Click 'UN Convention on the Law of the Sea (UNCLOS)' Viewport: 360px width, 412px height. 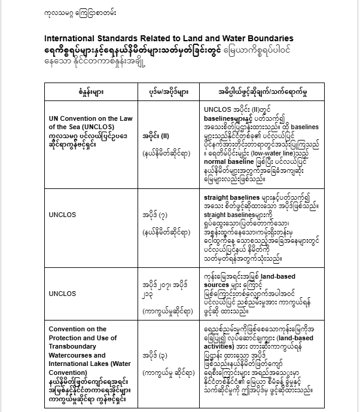point(90,123)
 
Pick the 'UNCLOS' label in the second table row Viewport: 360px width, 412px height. point(63,212)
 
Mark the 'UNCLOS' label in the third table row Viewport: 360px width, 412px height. point(63,294)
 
